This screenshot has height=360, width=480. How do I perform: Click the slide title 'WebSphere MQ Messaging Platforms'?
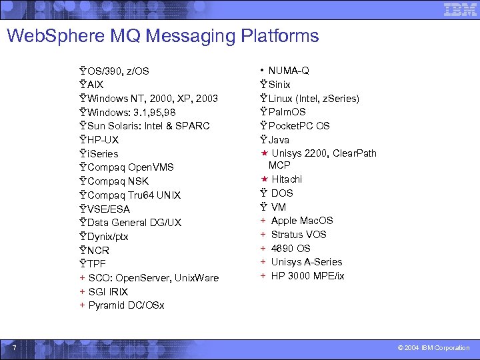pos(163,35)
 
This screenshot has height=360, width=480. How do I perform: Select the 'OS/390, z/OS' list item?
pos(118,71)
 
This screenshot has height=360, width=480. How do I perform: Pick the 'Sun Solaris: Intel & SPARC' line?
pos(149,126)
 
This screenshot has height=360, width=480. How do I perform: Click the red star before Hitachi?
pos(264,179)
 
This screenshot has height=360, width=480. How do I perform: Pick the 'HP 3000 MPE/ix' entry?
pos(307,276)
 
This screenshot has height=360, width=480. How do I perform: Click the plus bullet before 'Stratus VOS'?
pos(263,235)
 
